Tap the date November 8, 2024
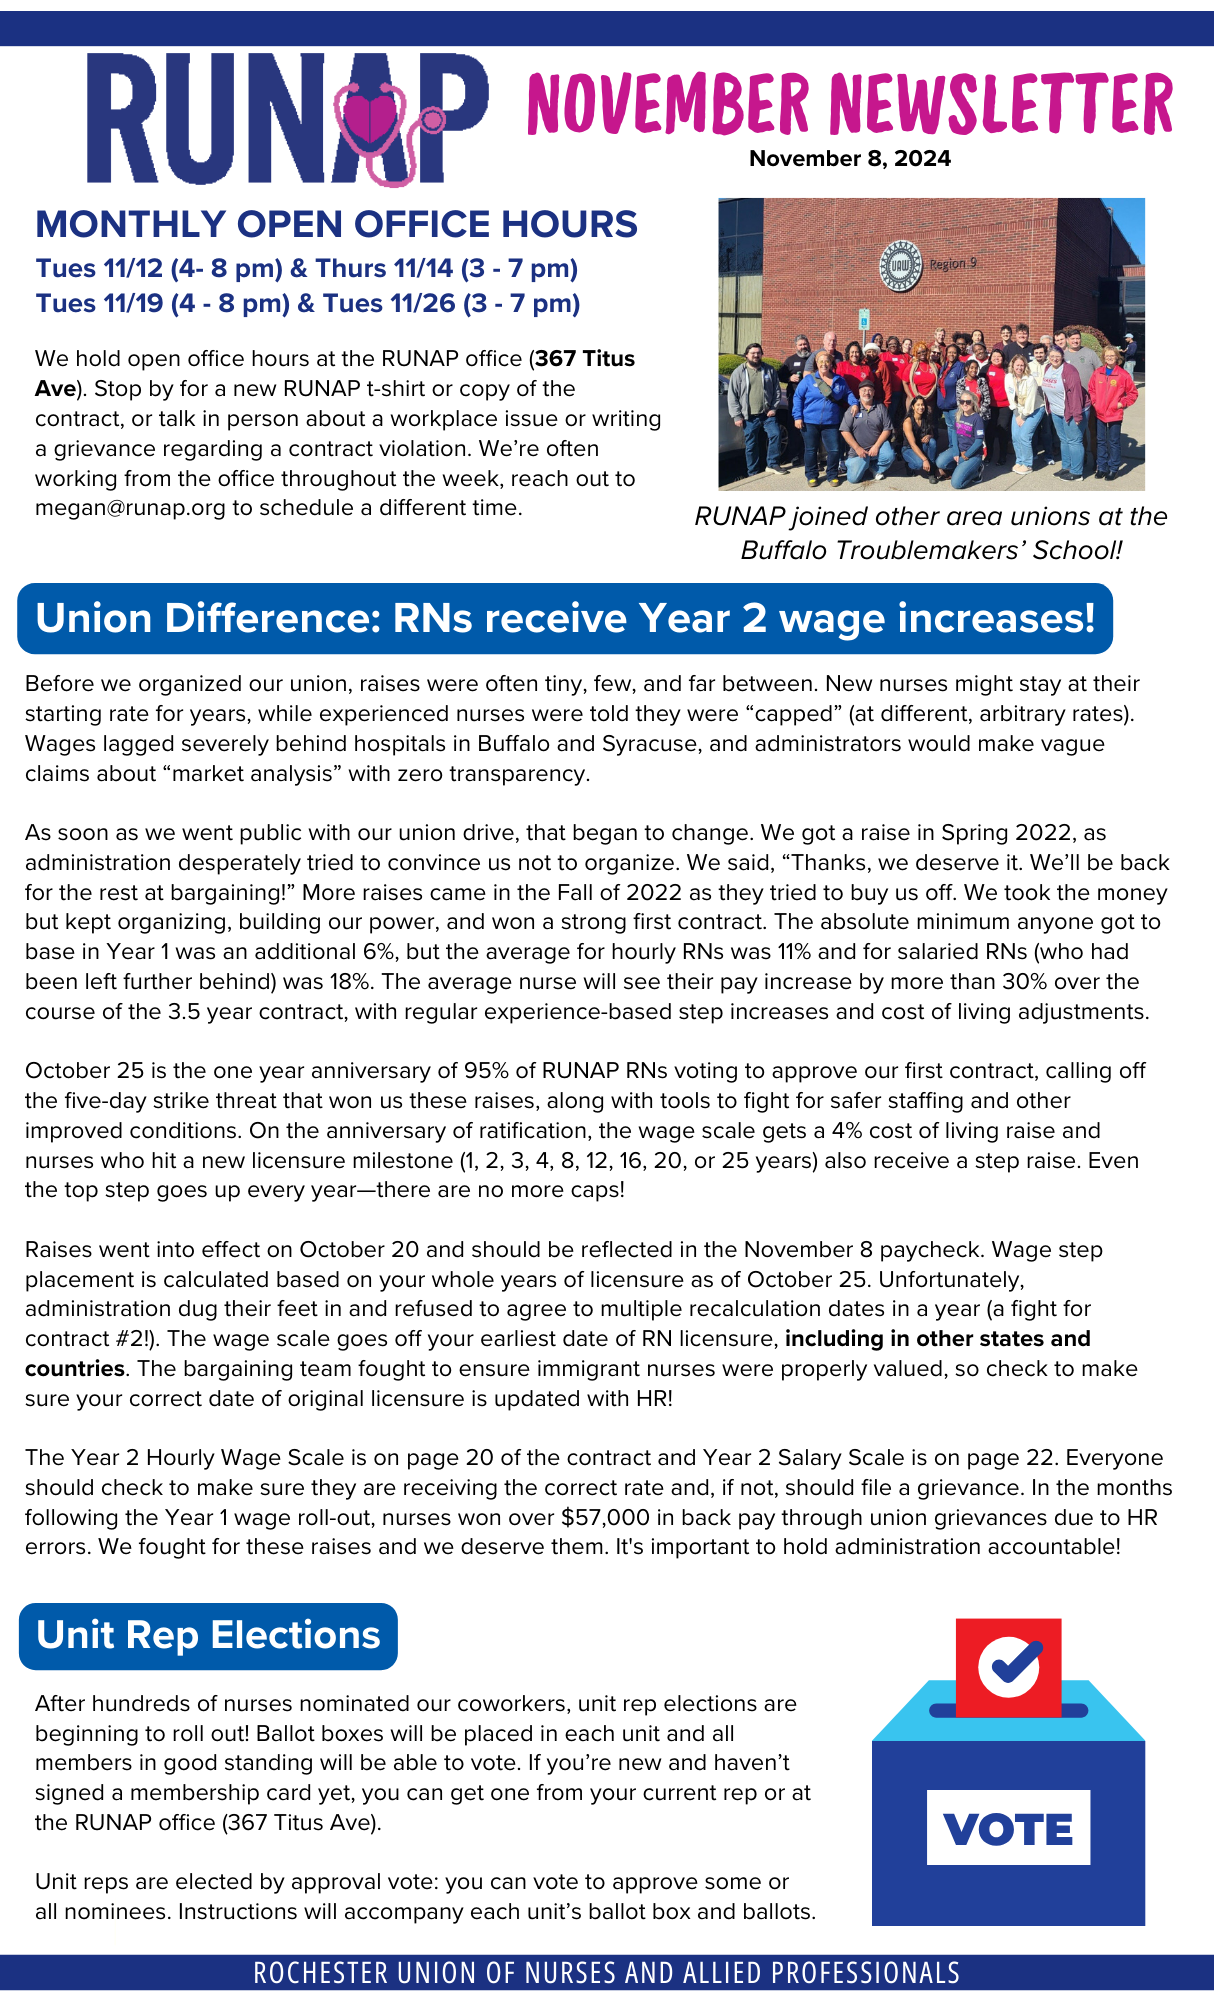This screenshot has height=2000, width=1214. (850, 159)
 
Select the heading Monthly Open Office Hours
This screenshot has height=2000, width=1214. (336, 224)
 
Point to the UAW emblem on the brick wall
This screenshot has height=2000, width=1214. (900, 266)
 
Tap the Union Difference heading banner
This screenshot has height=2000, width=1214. (565, 618)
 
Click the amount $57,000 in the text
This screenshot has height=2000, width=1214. (604, 1517)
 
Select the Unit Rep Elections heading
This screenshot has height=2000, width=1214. (208, 1635)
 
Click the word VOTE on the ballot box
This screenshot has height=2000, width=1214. (1008, 1829)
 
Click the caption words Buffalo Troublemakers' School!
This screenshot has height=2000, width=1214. (931, 551)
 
